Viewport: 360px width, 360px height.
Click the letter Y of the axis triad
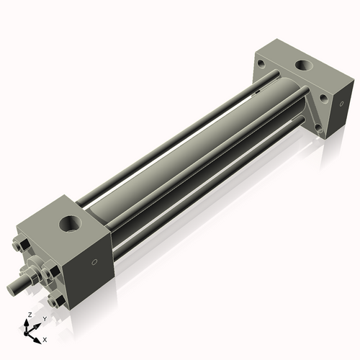coord(45,318)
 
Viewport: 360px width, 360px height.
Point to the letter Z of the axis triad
coord(27,315)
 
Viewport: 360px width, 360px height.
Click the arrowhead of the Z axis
coord(28,323)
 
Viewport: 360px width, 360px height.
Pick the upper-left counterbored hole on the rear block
coord(257,63)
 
